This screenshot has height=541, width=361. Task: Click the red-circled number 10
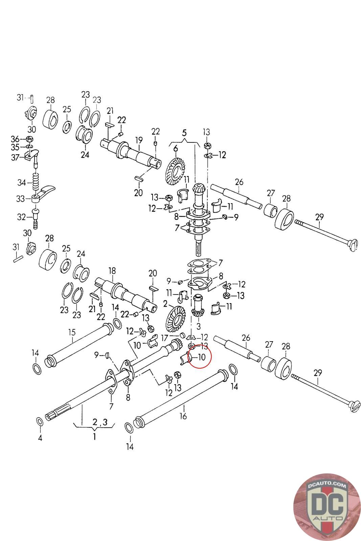tap(201, 357)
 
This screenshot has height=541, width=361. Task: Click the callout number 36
tap(15, 139)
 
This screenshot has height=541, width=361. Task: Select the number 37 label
tap(15, 157)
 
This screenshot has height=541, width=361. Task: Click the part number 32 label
tap(21, 217)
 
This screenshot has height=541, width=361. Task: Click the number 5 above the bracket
tap(184, 133)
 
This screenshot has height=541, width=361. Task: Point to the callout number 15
tap(72, 332)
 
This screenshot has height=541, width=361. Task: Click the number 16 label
tap(183, 416)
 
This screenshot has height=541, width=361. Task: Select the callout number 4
tap(40, 439)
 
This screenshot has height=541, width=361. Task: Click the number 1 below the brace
tap(94, 437)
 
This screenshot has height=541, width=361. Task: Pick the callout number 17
tap(164, 337)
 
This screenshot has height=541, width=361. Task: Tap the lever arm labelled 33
tap(46, 192)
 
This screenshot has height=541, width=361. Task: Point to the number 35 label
tap(15, 147)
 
